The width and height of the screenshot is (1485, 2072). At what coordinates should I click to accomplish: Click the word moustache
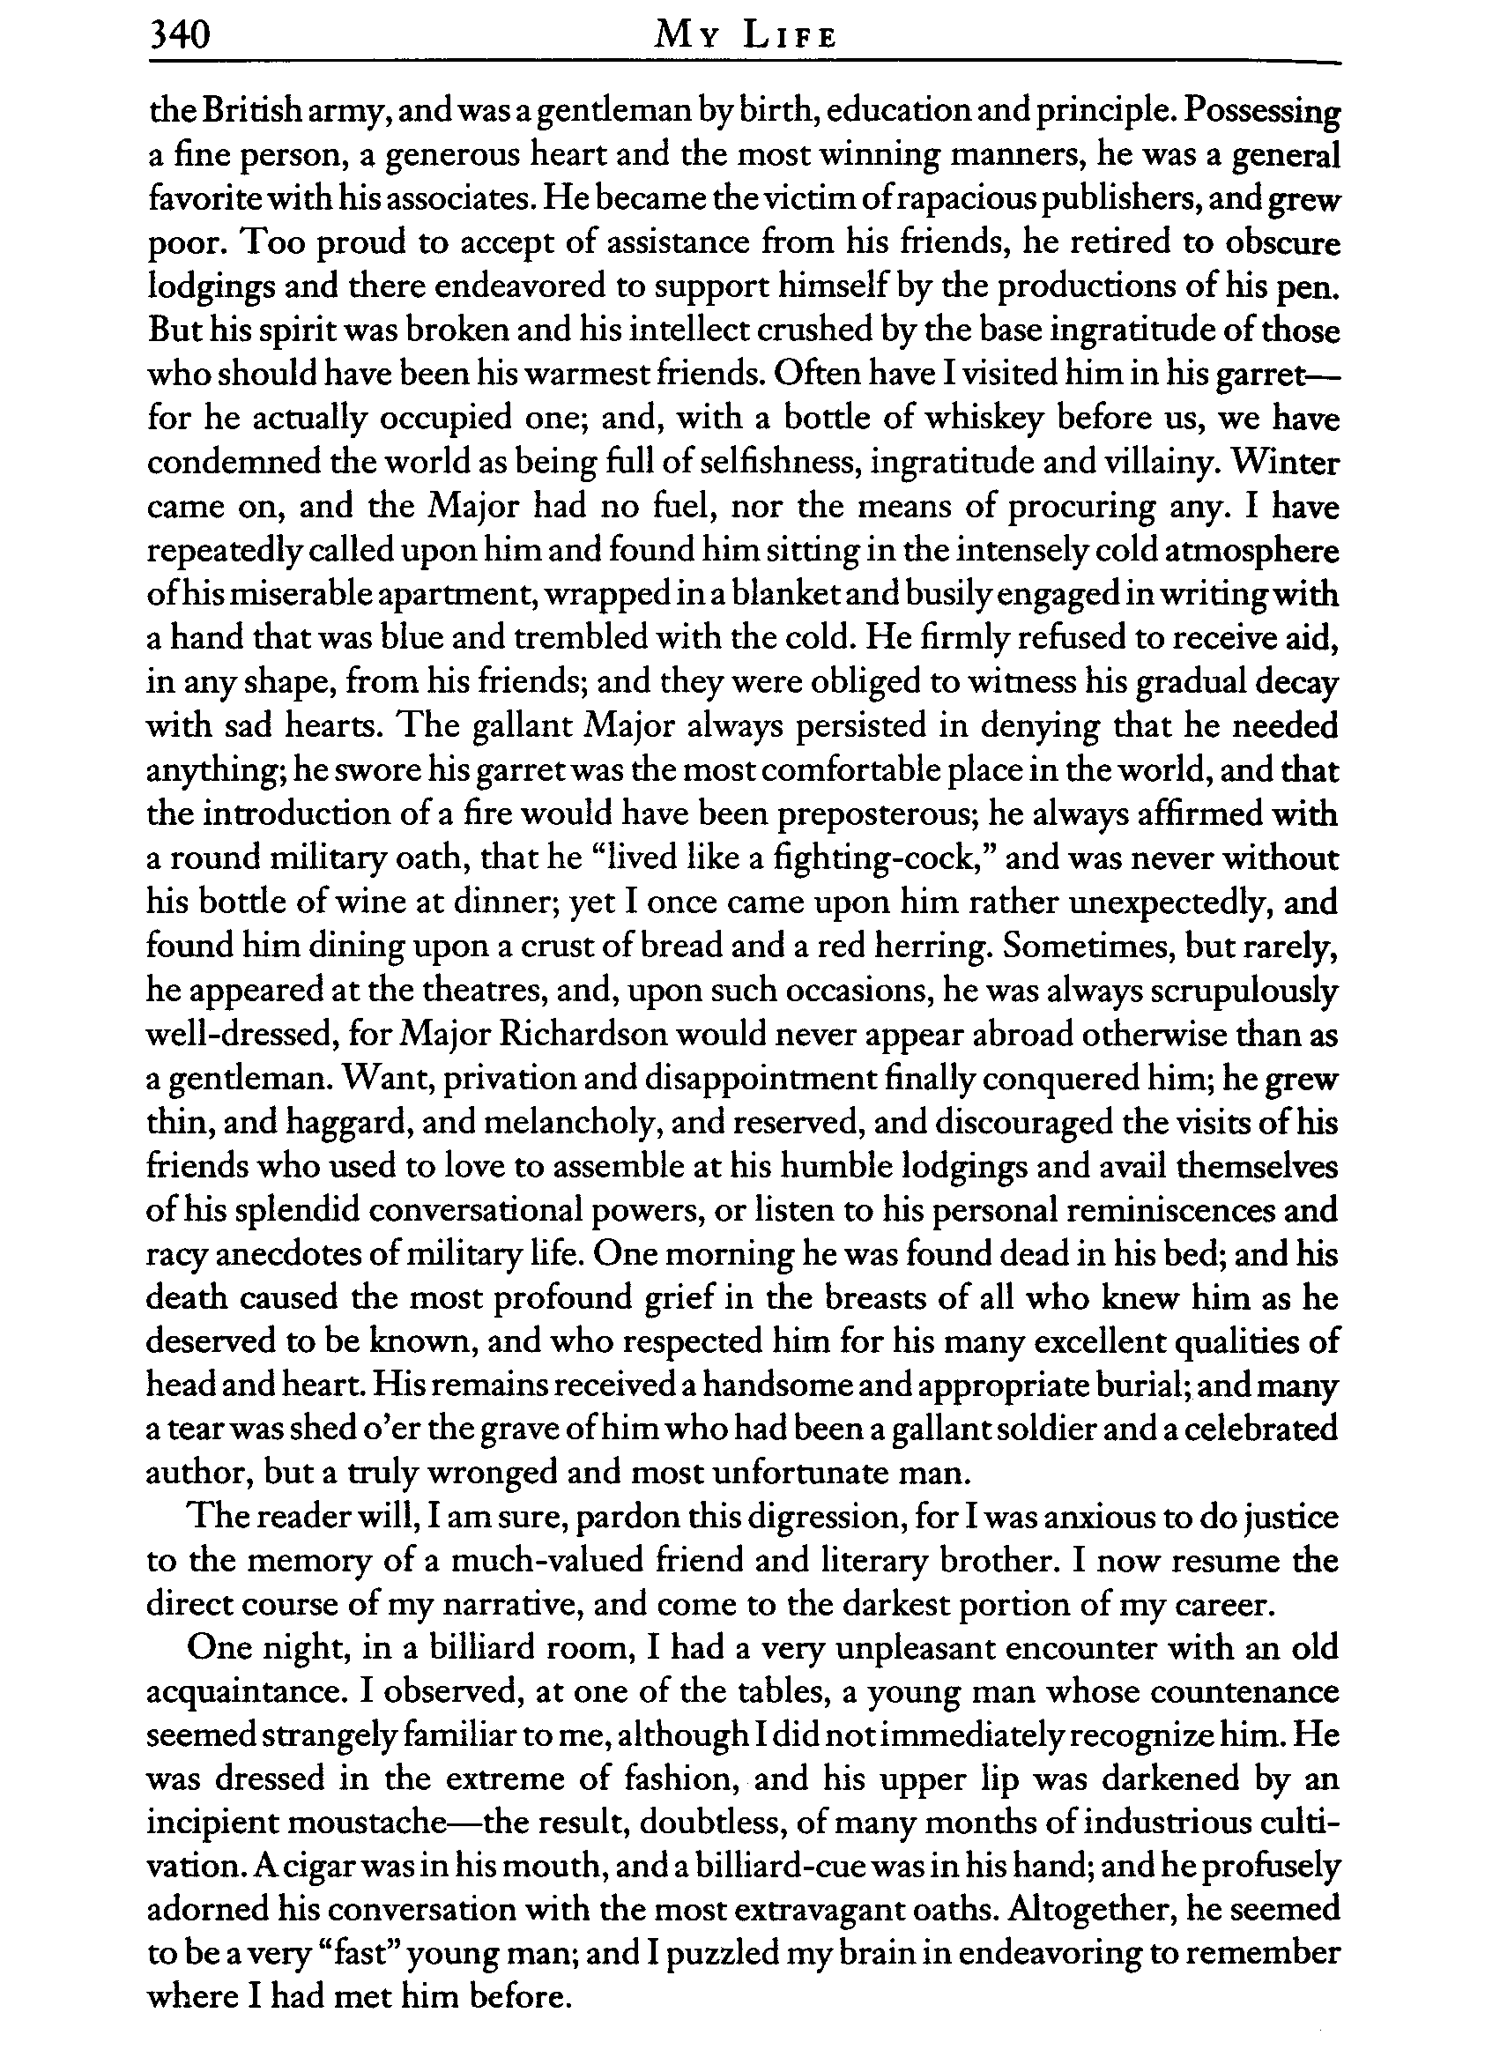tap(302, 1823)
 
